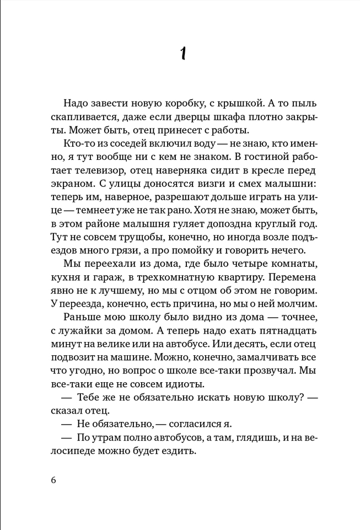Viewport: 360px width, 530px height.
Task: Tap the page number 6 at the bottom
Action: [53, 479]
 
